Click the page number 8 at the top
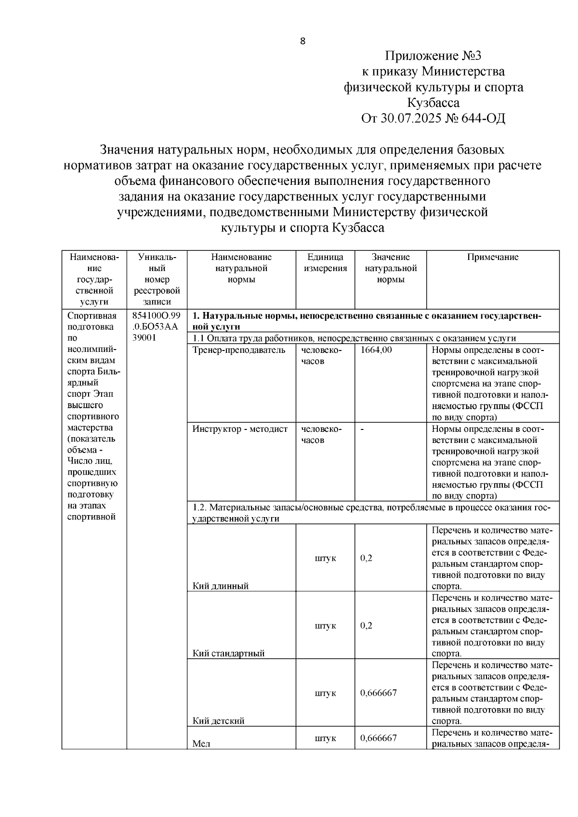pos(302,41)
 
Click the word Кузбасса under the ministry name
pos(433,103)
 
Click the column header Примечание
pos(492,257)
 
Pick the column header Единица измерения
pos(325,263)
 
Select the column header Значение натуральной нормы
pos(390,268)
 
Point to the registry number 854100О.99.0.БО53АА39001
pos(156,327)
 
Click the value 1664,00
pos(376,350)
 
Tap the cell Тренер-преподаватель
pos(239,350)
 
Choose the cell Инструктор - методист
pos(240,429)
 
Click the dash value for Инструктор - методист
pos(362,429)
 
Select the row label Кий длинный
pos(221,586)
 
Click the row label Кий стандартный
pos(229,653)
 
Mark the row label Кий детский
pos(219,721)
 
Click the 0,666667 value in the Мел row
pos(379,738)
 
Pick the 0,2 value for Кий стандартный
pos(366,626)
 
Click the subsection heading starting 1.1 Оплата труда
pos(354,338)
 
